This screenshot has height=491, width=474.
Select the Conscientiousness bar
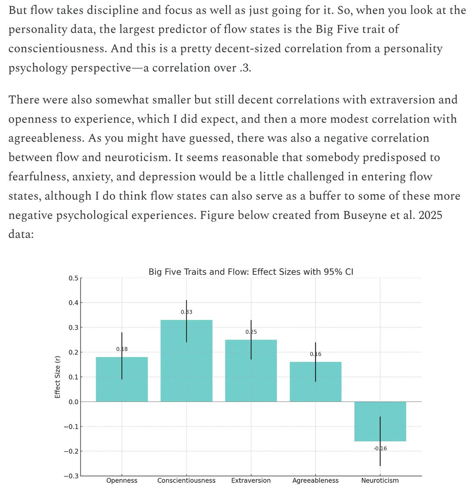tap(186, 360)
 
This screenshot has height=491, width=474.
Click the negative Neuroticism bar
tap(380, 421)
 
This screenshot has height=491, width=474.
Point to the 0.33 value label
tap(186, 312)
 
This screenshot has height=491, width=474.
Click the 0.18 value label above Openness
tap(122, 349)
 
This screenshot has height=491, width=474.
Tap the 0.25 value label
tap(251, 332)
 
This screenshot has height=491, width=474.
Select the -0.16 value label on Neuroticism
tap(380, 448)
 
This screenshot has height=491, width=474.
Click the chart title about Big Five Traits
tap(251, 272)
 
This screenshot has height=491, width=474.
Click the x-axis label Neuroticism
tap(380, 481)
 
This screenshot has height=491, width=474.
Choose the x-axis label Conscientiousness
tap(186, 481)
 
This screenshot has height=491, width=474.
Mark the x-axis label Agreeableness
tap(315, 481)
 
